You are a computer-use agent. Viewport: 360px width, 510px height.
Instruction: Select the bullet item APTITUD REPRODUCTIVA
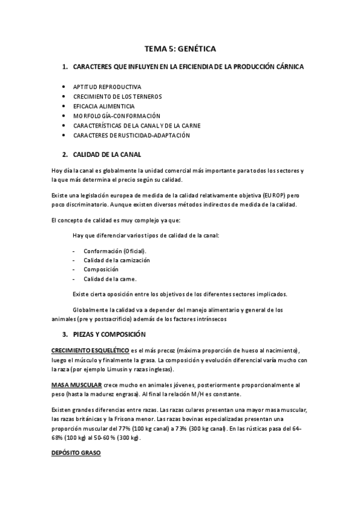pyautogui.click(x=108, y=87)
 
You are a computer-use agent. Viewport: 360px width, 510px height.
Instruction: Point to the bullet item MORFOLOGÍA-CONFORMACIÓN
pyautogui.click(x=117, y=115)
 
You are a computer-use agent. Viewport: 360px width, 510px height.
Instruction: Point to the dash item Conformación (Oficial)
pyautogui.click(x=114, y=250)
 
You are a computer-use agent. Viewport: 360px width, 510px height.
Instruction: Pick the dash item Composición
pyautogui.click(x=101, y=269)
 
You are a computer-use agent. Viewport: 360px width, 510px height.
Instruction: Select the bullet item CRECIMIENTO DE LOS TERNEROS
pyautogui.click(x=117, y=96)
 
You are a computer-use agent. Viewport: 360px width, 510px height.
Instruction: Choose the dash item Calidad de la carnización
pyautogui.click(x=117, y=260)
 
